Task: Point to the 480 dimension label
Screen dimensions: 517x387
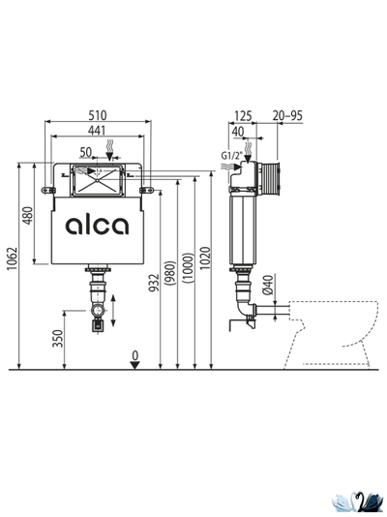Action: [x=28, y=215]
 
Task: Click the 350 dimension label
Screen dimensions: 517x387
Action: [x=57, y=338]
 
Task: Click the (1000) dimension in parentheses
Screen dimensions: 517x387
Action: [x=188, y=274]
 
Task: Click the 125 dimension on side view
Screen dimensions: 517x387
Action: [x=244, y=115]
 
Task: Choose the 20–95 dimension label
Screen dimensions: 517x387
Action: [x=288, y=115]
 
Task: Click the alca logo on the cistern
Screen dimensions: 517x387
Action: [x=97, y=226]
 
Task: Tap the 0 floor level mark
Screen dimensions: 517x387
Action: [x=135, y=354]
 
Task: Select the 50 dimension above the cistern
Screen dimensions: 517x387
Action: [x=87, y=152]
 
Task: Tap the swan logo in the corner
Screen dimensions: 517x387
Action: [x=355, y=500]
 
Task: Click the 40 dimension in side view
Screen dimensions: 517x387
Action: [x=238, y=130]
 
